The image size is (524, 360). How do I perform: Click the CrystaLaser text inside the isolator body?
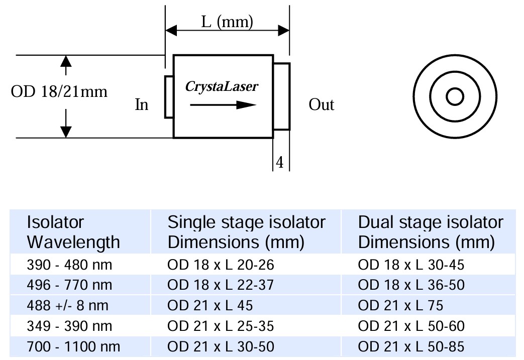coord(222,86)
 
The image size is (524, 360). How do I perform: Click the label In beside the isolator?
coord(142,105)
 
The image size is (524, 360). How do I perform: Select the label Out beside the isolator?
coord(322,104)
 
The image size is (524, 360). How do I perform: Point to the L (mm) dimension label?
coord(227,22)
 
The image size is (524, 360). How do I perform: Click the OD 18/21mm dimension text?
coord(59,92)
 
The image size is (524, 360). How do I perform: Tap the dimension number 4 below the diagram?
coord(280,162)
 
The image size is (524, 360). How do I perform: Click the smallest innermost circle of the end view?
coord(455,96)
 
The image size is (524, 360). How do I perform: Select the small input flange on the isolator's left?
coord(169,97)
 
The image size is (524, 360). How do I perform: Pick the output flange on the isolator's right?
coord(282,96)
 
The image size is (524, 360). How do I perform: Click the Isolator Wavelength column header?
coord(73,232)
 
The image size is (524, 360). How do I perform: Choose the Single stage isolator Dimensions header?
coord(246,232)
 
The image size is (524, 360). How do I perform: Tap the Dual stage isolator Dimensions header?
coord(430,232)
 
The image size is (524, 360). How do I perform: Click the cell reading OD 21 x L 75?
coord(400,305)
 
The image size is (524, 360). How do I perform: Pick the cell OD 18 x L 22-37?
coord(221,285)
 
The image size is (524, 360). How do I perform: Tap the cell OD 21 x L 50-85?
coord(411,346)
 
